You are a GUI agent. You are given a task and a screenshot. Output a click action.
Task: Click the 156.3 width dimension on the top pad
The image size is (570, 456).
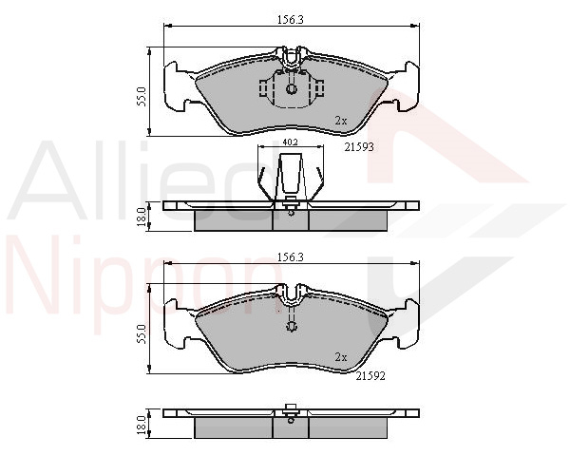click(291, 20)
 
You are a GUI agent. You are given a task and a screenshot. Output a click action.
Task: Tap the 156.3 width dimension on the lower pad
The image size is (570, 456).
click(291, 257)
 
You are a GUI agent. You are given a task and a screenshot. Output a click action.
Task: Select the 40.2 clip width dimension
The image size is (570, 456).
click(290, 142)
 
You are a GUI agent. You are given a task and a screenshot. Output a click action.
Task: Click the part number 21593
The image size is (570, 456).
click(359, 147)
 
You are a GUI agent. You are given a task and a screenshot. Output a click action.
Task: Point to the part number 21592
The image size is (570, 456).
click(370, 376)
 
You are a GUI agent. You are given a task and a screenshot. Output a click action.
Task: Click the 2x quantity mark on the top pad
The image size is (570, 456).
click(341, 121)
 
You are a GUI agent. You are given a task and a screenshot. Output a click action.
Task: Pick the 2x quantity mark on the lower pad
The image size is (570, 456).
click(341, 357)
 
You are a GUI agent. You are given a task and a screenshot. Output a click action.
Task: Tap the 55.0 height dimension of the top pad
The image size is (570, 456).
click(142, 96)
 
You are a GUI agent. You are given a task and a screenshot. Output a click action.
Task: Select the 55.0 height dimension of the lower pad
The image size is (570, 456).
click(142, 333)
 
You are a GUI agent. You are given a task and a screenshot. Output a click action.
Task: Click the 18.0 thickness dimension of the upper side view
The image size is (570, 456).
click(142, 216)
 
